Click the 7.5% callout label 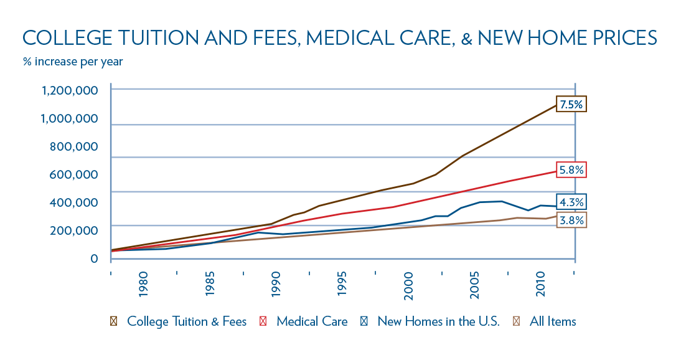click(571, 105)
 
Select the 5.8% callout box click(571, 169)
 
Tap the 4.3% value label click(571, 202)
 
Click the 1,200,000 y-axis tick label click(68, 91)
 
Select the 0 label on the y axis click(93, 258)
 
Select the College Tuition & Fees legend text click(187, 322)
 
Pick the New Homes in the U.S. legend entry click(438, 322)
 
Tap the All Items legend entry click(552, 322)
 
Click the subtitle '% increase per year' click(73, 62)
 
